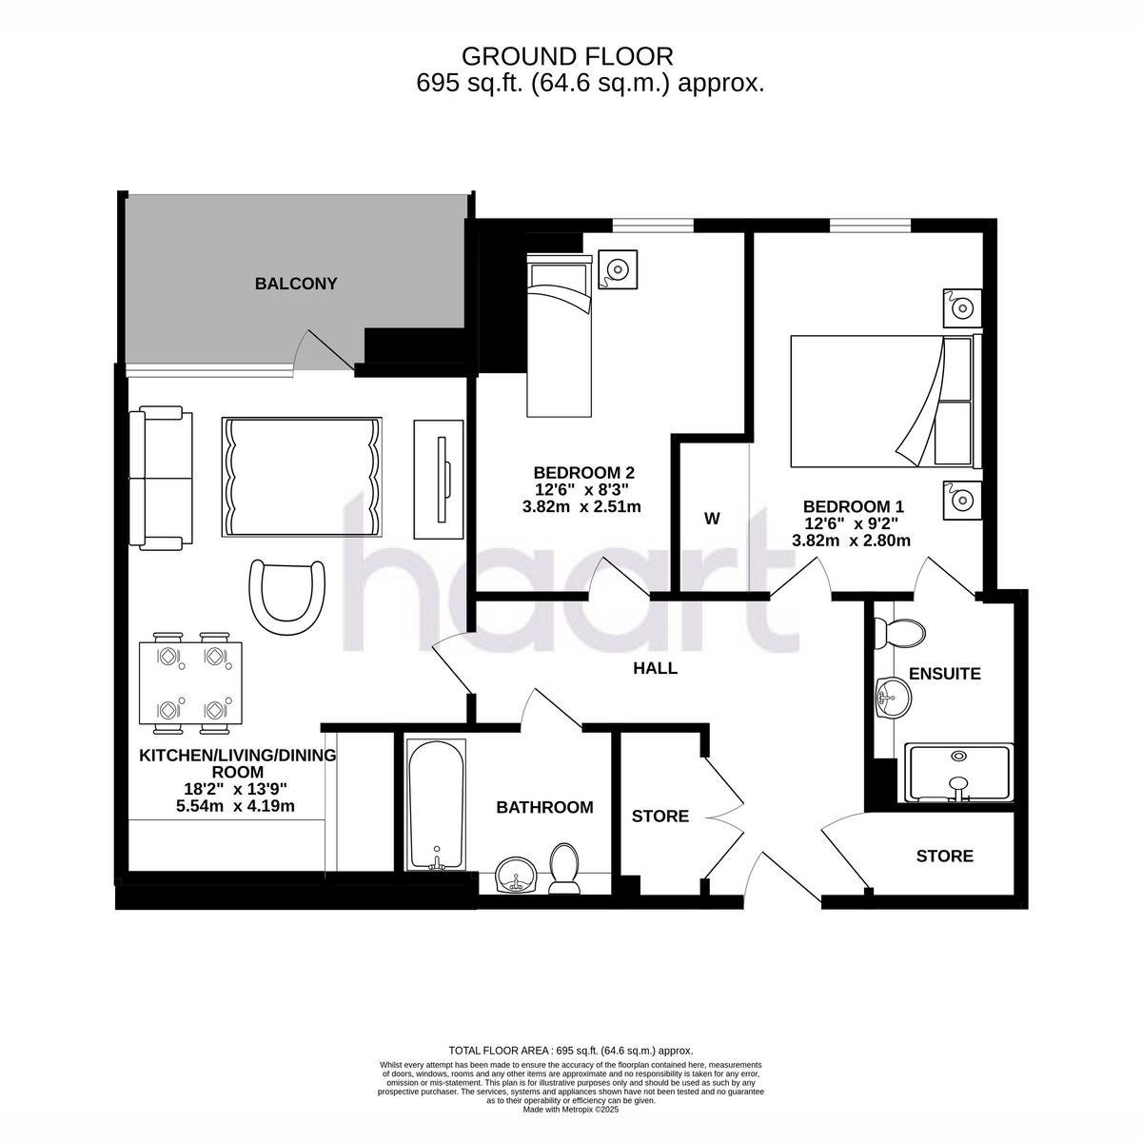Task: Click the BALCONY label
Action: click(x=296, y=284)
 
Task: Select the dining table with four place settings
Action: click(x=191, y=682)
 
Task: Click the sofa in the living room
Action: click(x=161, y=478)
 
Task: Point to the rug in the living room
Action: click(x=302, y=477)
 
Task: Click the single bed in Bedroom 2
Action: click(x=559, y=335)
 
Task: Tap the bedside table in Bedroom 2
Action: click(x=618, y=269)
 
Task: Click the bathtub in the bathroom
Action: click(x=436, y=805)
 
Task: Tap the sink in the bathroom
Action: click(x=516, y=876)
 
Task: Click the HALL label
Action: click(x=655, y=668)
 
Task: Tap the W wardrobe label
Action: click(x=712, y=519)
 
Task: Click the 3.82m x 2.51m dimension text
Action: click(x=581, y=506)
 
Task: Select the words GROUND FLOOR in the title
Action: click(x=567, y=57)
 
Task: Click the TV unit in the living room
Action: click(x=439, y=480)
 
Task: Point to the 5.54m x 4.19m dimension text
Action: click(x=235, y=806)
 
